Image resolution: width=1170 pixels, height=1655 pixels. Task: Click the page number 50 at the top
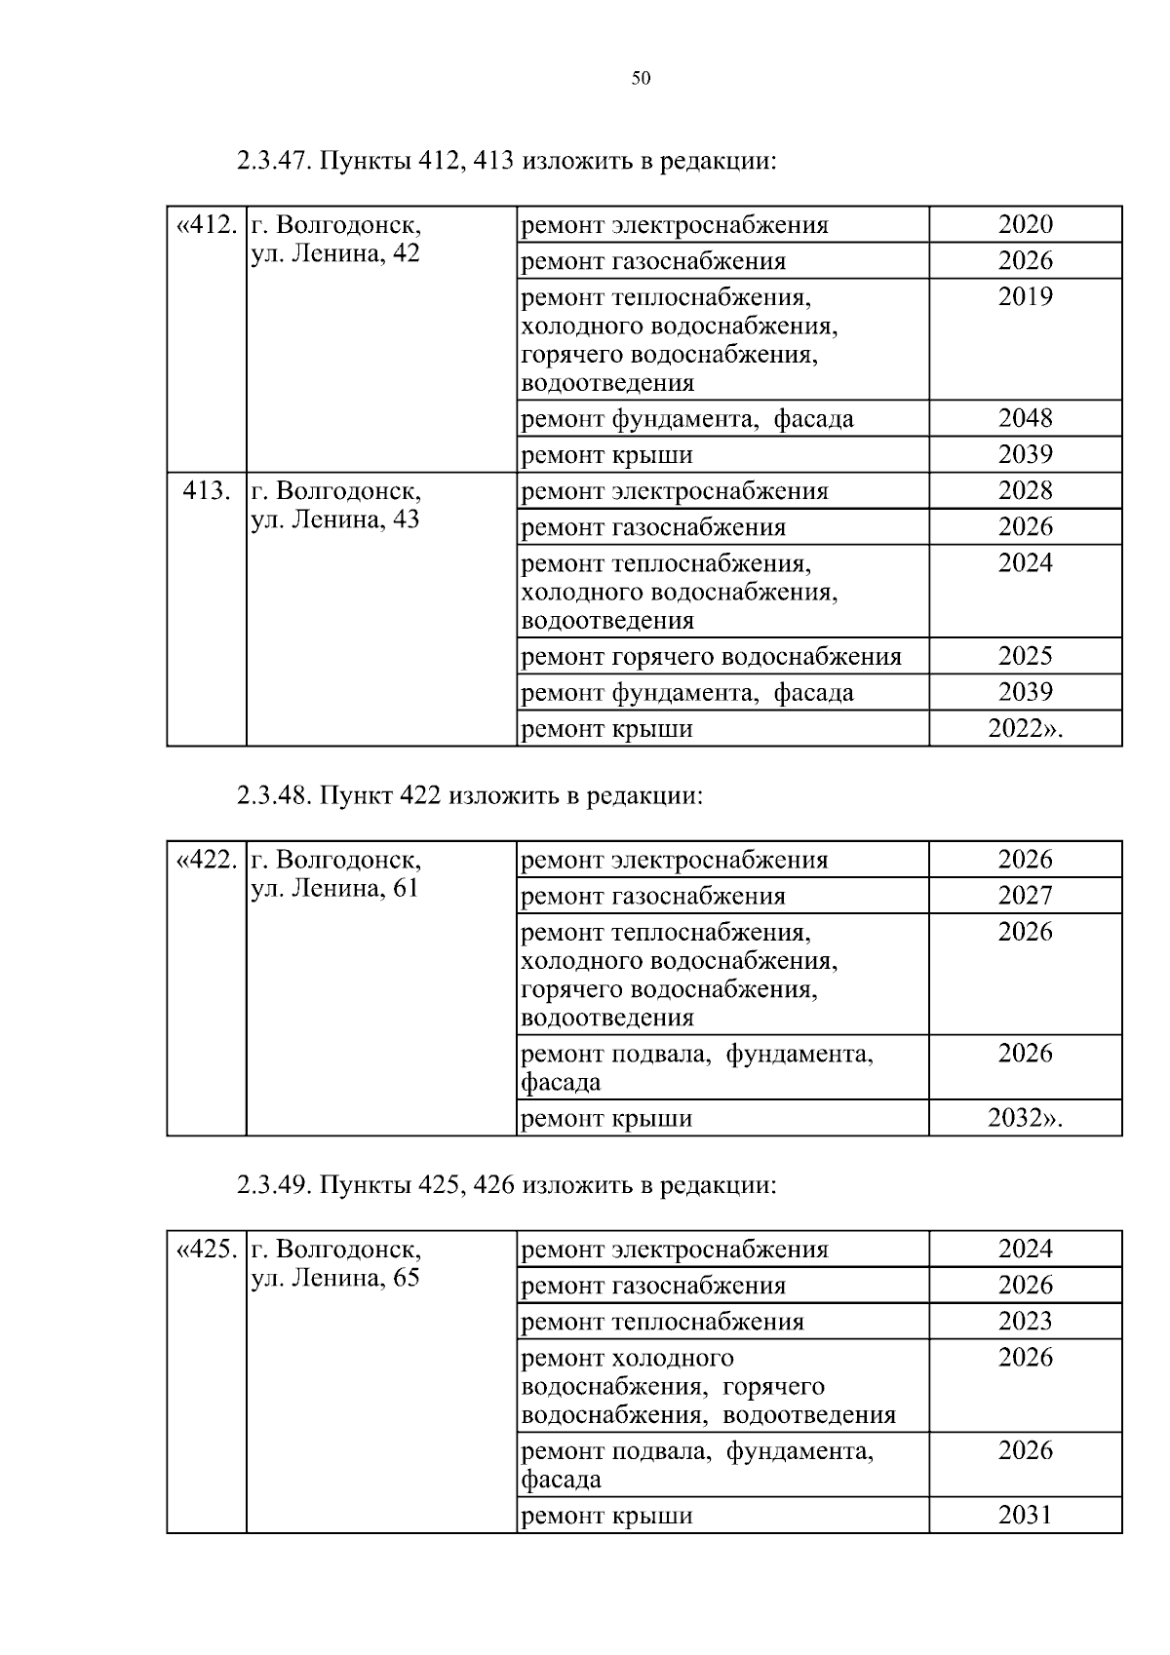(641, 79)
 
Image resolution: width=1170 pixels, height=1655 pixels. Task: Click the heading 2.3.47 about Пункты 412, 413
(506, 160)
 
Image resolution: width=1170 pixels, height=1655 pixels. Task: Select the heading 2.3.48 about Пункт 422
(469, 795)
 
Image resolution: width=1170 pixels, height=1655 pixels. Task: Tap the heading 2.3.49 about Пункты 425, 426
(506, 1185)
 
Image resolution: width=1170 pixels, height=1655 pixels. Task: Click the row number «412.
(207, 225)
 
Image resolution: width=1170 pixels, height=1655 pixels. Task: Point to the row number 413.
(207, 490)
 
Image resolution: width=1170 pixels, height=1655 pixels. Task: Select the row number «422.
(207, 860)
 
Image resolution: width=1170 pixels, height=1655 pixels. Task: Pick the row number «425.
(207, 1249)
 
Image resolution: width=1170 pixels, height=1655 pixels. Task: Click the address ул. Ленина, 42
(335, 255)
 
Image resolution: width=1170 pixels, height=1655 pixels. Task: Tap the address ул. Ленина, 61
(335, 889)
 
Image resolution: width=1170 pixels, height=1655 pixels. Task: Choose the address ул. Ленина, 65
(335, 1278)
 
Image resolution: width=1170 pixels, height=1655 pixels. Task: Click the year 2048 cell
(1026, 418)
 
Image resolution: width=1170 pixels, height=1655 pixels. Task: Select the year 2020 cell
(1026, 224)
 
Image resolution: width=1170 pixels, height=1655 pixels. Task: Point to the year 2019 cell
(1026, 297)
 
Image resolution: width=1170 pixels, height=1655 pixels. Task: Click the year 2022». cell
(1026, 728)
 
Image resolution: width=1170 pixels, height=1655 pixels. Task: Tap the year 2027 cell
(1026, 896)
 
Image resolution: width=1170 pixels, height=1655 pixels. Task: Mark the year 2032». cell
(1026, 1118)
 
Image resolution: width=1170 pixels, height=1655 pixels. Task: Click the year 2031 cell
(1026, 1515)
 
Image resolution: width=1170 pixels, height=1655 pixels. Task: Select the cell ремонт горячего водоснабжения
(712, 656)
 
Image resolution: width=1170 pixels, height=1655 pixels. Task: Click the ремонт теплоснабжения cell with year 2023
(663, 1322)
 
